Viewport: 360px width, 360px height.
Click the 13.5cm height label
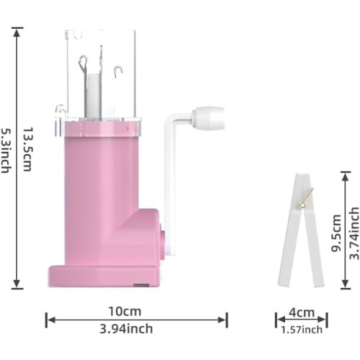pos(27,149)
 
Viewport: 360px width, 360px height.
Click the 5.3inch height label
pos(6,150)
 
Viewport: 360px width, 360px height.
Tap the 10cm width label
pos(125,311)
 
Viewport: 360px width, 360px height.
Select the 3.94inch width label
pos(126,328)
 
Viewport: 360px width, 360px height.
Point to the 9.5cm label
pos(336,233)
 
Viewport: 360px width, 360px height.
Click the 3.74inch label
pos(354,233)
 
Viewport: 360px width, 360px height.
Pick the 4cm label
pos(302,312)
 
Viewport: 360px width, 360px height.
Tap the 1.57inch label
pos(302,330)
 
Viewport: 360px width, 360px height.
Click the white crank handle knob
pos(208,117)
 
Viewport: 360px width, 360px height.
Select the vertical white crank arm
pos(171,185)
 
